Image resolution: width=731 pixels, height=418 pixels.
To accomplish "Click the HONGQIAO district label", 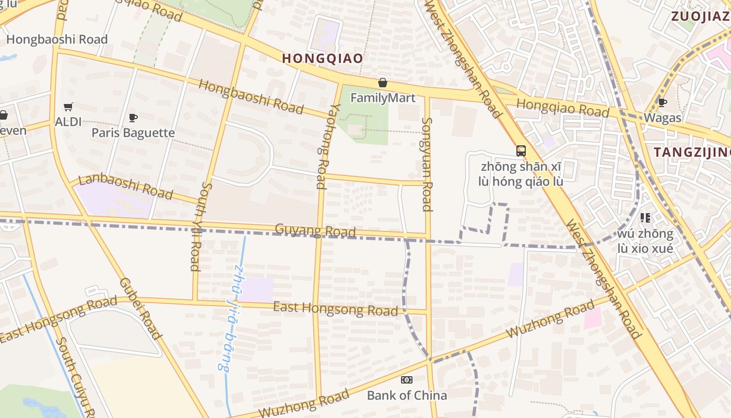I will [x=322, y=58].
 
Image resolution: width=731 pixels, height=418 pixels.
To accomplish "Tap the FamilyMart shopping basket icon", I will [x=383, y=83].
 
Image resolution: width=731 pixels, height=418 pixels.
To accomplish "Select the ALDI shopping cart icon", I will [x=68, y=107].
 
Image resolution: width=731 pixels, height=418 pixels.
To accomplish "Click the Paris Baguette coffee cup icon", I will [x=133, y=118].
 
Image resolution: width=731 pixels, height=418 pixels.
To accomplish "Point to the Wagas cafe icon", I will [x=662, y=102].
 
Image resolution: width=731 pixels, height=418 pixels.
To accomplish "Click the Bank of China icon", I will [x=407, y=380].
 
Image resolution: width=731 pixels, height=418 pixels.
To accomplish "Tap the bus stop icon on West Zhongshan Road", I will [x=521, y=151].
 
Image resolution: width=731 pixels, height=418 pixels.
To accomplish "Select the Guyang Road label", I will [x=315, y=230].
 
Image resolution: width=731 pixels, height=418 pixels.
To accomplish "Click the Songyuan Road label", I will [x=427, y=164].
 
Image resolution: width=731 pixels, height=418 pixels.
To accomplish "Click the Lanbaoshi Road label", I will [x=125, y=187].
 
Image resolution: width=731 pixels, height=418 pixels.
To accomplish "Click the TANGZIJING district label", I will [x=692, y=152].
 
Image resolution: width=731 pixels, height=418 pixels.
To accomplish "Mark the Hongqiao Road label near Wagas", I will [x=563, y=108].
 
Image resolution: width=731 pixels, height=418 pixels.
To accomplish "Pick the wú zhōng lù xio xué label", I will [x=645, y=240].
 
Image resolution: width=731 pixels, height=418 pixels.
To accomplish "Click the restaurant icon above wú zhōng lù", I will [x=645, y=218].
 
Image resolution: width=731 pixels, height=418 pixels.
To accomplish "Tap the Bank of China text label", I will [x=407, y=395].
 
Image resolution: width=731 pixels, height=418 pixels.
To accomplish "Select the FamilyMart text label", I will [x=383, y=98].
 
